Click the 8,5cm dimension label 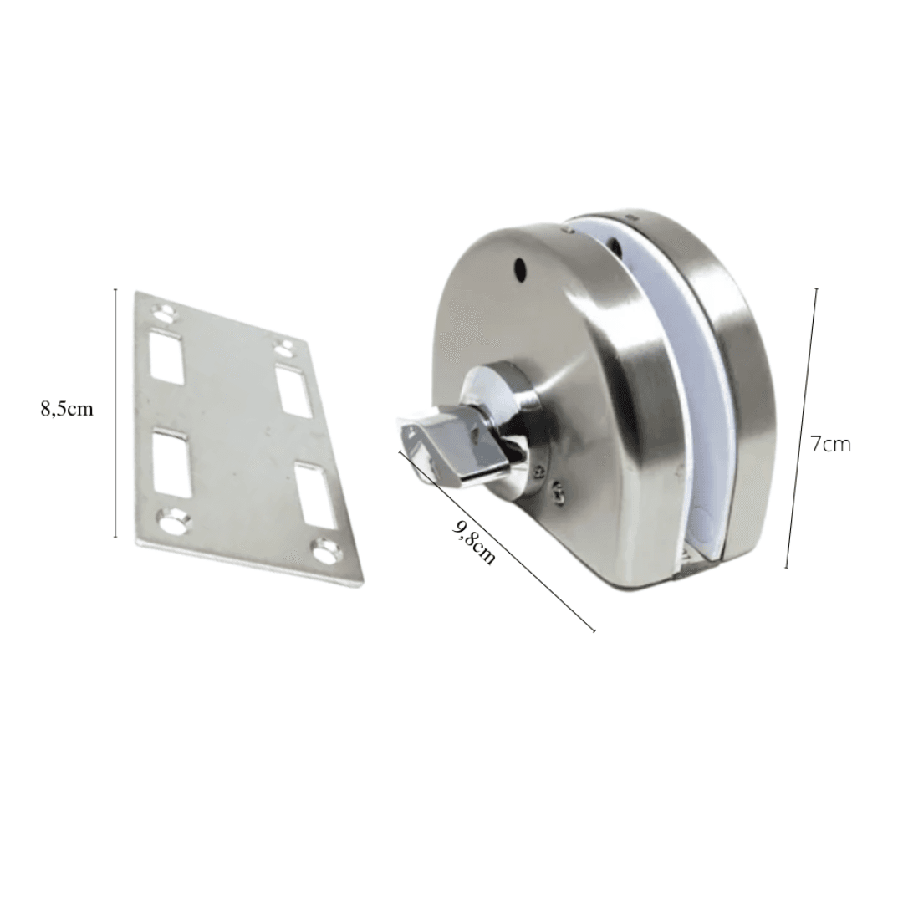tap(66, 410)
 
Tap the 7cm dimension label tap(830, 445)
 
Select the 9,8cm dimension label tap(475, 541)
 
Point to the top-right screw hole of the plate tap(283, 347)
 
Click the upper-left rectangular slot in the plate tap(166, 357)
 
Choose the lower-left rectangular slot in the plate tap(171, 463)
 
